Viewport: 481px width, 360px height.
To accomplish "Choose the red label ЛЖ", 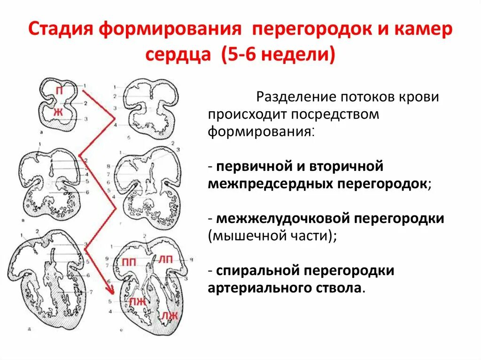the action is click(170, 315).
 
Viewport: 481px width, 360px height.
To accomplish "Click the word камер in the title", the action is click(425, 31).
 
